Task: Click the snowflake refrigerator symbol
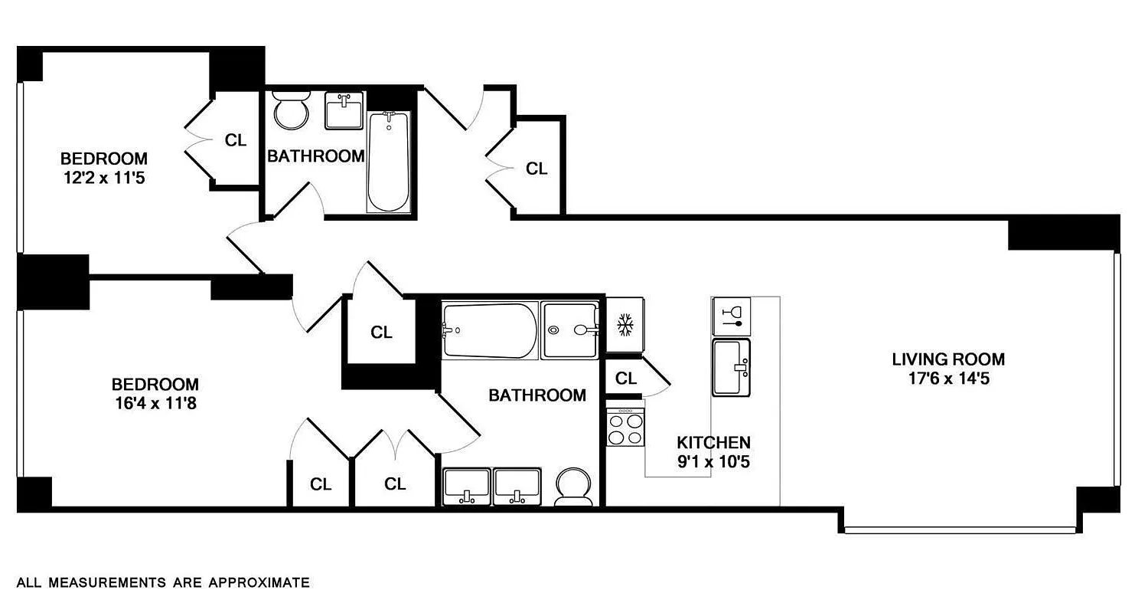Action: tap(625, 325)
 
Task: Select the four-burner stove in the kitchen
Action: tap(625, 428)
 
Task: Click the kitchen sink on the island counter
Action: tap(732, 368)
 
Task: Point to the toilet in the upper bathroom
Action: tap(291, 112)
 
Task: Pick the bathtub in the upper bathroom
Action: tap(388, 162)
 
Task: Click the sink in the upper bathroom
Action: tap(344, 112)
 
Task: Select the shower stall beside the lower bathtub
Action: tap(569, 330)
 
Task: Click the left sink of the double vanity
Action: tap(466, 487)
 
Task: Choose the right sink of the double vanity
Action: tap(517, 487)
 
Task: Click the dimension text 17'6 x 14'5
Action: tap(947, 378)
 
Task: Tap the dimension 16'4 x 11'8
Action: tap(155, 404)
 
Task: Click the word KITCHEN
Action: tap(713, 442)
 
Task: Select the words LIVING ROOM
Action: tap(947, 359)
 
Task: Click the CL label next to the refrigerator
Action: tap(626, 378)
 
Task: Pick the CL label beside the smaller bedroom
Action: tap(236, 140)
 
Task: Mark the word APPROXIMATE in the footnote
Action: tap(259, 582)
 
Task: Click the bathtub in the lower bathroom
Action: tap(490, 330)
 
